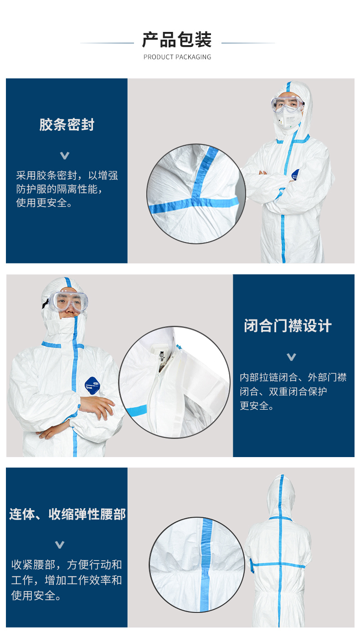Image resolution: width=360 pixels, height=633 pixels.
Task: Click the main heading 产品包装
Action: click(x=177, y=40)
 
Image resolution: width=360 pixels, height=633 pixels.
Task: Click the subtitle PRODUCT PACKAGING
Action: click(x=177, y=57)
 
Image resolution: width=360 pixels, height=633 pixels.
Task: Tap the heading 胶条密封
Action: click(x=67, y=124)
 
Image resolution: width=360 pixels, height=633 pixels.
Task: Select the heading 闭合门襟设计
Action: click(x=288, y=326)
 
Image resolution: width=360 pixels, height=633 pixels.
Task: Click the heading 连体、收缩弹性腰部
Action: click(x=67, y=514)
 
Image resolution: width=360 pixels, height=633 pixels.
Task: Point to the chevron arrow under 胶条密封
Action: click(x=65, y=155)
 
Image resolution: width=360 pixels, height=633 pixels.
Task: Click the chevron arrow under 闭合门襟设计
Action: click(x=291, y=357)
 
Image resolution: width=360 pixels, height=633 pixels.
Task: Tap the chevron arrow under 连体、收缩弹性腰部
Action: click(x=60, y=545)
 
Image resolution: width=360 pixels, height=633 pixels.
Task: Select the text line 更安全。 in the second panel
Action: click(x=256, y=406)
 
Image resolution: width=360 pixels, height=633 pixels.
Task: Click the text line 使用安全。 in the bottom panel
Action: click(x=36, y=596)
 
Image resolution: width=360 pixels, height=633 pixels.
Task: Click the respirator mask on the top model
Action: click(x=289, y=119)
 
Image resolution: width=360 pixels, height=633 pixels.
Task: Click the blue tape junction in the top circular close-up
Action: click(x=195, y=201)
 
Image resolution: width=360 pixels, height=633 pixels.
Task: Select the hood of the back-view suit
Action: click(x=281, y=496)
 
